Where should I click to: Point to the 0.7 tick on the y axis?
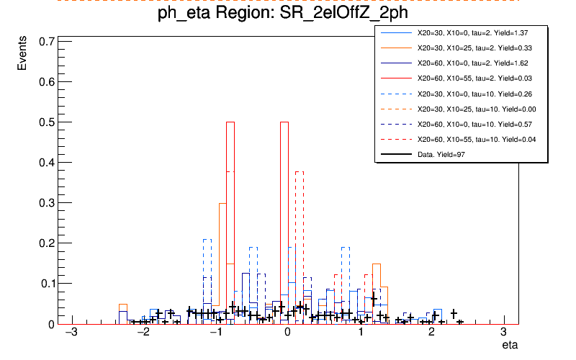pyautogui.click(x=45, y=42)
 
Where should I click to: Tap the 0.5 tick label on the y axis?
pyautogui.click(x=45, y=122)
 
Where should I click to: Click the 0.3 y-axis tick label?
pyautogui.click(x=45, y=203)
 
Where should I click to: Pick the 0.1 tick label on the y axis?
pyautogui.click(x=45, y=284)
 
